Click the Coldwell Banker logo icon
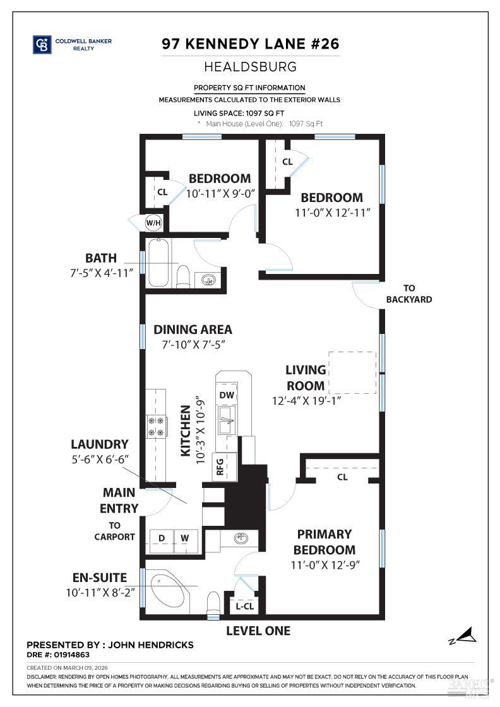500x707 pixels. pos(42,44)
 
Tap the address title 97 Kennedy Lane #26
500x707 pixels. pos(251,44)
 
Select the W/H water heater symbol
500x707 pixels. pos(153,222)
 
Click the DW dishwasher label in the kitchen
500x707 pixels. pos(227,395)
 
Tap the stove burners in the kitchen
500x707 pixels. pos(156,426)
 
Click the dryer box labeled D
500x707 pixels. pos(162,538)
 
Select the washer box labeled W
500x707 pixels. pos(185,538)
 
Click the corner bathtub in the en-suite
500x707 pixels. pos(167,589)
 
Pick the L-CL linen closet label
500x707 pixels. pos(244,607)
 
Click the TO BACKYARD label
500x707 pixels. pos(409,294)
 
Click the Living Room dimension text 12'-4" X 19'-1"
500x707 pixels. pos(307,400)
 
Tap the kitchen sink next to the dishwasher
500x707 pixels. pos(227,419)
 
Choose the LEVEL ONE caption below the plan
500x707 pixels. pos(258,631)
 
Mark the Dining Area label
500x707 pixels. pos(193,330)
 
